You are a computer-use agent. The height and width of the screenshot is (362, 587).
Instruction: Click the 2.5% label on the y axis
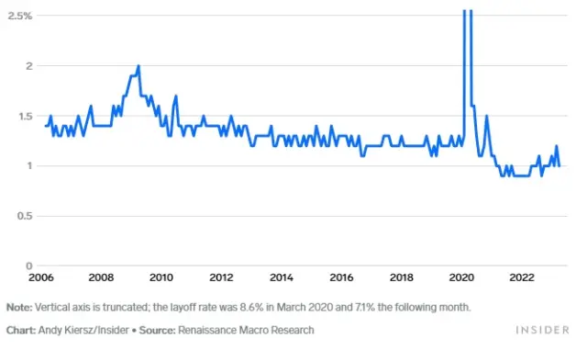(20, 17)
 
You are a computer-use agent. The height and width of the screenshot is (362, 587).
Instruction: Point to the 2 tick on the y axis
(29, 66)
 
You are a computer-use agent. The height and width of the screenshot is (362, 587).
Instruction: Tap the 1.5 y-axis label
(25, 116)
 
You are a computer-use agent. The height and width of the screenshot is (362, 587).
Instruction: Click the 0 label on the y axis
(29, 266)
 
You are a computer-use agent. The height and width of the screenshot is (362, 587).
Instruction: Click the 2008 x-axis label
(101, 277)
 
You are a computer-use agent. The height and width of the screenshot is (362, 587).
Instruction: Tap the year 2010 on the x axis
(161, 277)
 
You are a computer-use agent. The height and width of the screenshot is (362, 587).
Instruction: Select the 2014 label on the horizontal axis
(281, 277)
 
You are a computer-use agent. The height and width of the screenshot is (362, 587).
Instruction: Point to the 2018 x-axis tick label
(402, 277)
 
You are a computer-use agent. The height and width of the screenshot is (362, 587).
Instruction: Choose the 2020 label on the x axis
(462, 277)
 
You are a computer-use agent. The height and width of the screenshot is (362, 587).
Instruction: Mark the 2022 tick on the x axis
(522, 277)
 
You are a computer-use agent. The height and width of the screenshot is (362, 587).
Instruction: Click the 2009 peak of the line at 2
(138, 66)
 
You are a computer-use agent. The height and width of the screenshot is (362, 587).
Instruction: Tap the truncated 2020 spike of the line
(466, 13)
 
